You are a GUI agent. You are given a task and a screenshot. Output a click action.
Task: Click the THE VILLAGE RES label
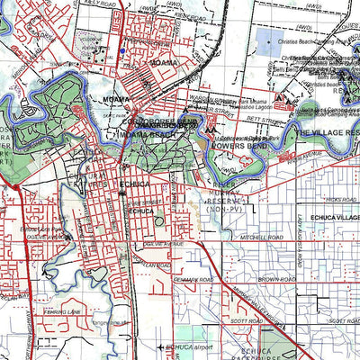click(328, 131)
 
